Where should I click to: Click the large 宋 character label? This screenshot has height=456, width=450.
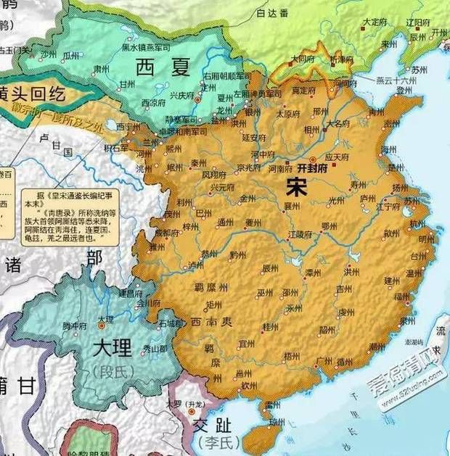[x=296, y=188]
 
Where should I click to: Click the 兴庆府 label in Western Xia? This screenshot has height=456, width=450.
[x=161, y=95]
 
